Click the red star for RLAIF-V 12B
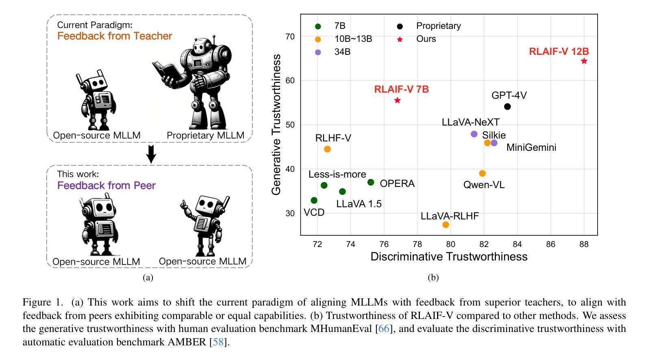[x=584, y=61]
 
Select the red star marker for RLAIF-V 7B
[x=398, y=100]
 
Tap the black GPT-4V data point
[x=507, y=106]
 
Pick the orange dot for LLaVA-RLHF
[x=446, y=225]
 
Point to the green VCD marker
[x=314, y=200]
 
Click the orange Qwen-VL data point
[x=483, y=173]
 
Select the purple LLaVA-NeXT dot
[x=474, y=134]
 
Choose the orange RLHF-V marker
[x=327, y=149]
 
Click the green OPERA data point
[x=371, y=182]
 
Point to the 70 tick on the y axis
[x=289, y=37]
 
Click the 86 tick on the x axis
[x=550, y=244]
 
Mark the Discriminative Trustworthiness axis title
[x=449, y=257]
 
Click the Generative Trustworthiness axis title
[x=276, y=125]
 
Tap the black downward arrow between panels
[x=151, y=154]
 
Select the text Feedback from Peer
[x=107, y=186]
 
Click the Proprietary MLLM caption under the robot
[x=206, y=136]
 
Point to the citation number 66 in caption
[x=383, y=329]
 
